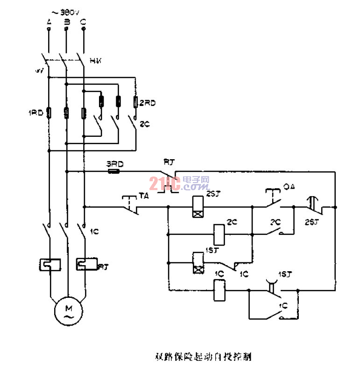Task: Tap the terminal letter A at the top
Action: click(x=49, y=21)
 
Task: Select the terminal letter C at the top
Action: click(x=83, y=21)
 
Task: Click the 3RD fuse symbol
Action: click(x=113, y=171)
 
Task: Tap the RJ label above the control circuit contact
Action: click(x=167, y=162)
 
